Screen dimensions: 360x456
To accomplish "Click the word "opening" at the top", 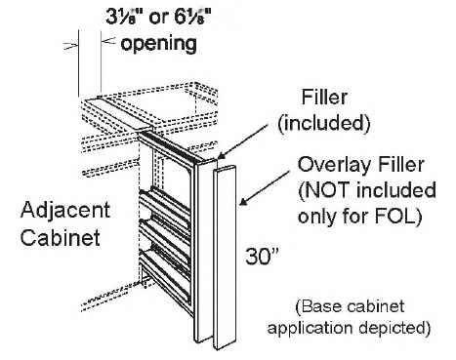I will tap(161, 45).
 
